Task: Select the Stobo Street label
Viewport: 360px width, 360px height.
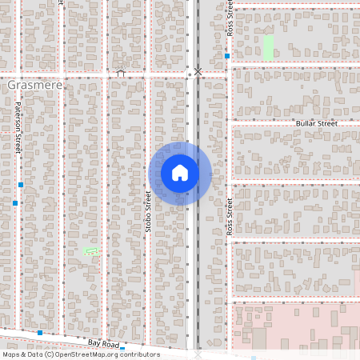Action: [x=148, y=212]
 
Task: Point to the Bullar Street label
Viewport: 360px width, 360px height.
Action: [x=339, y=124]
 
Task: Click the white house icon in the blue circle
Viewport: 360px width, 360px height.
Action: [x=180, y=173]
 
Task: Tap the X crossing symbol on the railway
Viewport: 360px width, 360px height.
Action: [x=198, y=72]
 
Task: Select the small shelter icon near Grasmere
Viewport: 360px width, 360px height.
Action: [x=121, y=73]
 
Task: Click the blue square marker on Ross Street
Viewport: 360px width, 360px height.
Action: [x=227, y=56]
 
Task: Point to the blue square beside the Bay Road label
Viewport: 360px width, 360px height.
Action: [x=122, y=349]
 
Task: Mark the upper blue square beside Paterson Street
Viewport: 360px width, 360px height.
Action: [x=21, y=185]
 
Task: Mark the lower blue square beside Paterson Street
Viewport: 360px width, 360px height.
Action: [x=14, y=203]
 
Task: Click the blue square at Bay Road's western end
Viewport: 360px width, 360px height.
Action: [x=39, y=332]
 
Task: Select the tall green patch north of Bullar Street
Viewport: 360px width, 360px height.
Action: [x=268, y=47]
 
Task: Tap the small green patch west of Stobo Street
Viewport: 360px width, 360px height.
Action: [x=91, y=251]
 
